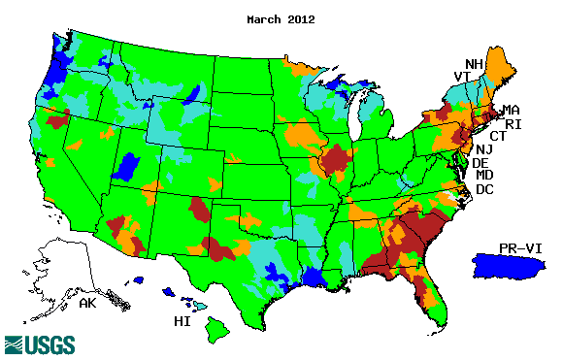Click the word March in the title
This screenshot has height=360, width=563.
pos(266,19)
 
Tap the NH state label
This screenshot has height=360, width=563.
pos(475,65)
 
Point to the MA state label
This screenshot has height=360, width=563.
pos(511,111)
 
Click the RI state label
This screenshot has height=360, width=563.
pos(514,124)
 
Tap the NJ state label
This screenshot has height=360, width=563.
pos(482,149)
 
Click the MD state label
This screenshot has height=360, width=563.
pos(484,176)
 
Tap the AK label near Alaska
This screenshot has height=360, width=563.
pos(86,304)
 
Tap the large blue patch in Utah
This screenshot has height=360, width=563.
pos(127,167)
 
